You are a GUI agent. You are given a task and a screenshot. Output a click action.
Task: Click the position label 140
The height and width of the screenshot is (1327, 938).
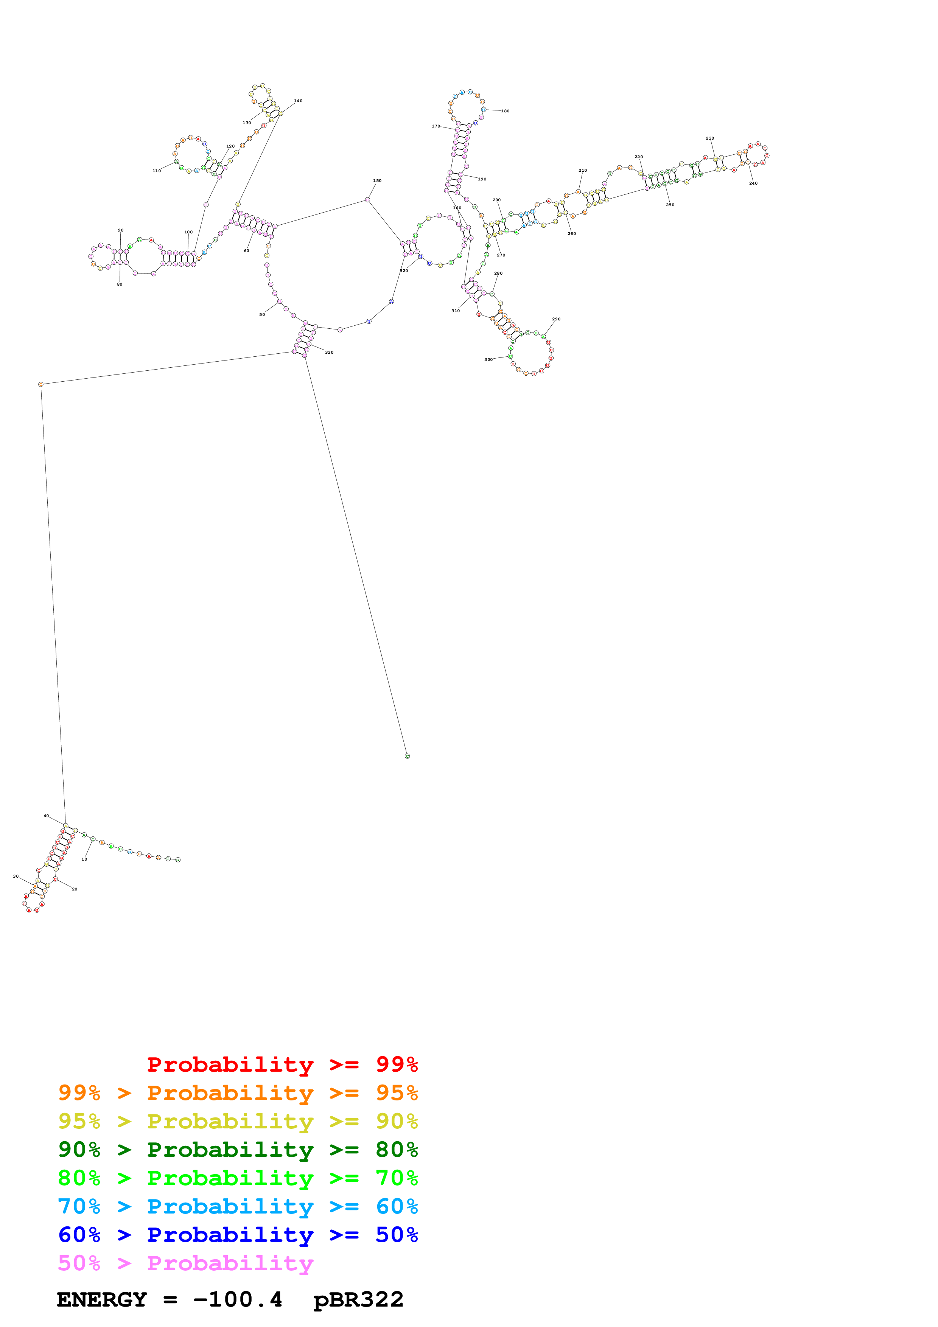[x=298, y=101]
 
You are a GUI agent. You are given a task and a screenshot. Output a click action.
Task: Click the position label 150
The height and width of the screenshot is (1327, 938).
[x=377, y=181]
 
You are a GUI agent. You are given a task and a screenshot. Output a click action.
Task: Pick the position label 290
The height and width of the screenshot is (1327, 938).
[x=555, y=319]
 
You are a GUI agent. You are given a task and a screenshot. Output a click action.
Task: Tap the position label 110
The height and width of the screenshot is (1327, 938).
[x=156, y=171]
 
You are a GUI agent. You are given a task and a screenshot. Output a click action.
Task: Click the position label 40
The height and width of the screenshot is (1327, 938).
[x=46, y=816]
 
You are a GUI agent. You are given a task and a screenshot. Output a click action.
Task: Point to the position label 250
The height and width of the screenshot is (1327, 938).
[x=669, y=205]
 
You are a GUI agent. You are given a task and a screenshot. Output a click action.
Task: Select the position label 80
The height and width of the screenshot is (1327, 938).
[x=120, y=284]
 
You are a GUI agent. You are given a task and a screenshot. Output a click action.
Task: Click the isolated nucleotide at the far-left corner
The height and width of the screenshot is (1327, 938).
[x=40, y=384]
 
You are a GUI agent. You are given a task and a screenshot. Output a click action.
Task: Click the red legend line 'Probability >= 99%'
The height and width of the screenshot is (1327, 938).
[x=282, y=1064]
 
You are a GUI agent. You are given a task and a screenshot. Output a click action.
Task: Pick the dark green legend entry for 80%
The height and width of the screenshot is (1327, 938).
[x=238, y=1150]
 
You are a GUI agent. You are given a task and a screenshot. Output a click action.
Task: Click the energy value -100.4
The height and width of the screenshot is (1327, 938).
[x=238, y=1300]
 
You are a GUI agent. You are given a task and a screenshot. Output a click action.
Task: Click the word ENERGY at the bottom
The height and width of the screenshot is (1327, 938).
[x=102, y=1300]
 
